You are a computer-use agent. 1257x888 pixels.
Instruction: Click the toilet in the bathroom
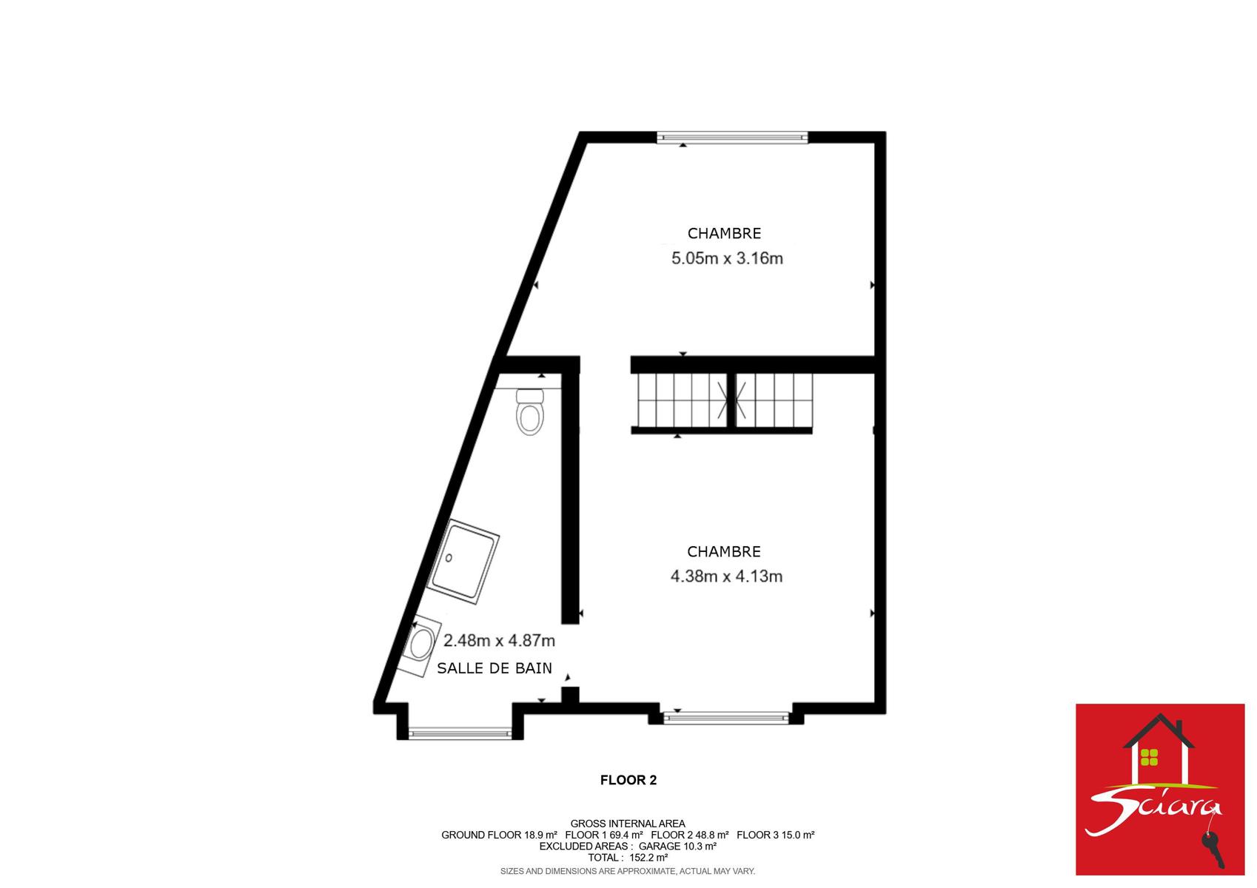point(530,411)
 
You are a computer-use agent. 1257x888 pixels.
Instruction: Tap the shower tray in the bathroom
point(463,562)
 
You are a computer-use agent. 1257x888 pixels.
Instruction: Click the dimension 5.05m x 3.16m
point(727,258)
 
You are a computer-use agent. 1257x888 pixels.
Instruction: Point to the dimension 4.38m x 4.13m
point(726,576)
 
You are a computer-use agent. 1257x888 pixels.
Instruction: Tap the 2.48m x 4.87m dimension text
point(499,640)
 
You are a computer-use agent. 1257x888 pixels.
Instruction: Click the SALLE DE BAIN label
point(495,668)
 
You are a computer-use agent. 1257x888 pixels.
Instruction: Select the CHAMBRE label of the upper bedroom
point(724,233)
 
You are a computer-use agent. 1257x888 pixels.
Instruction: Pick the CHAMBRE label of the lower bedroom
point(724,551)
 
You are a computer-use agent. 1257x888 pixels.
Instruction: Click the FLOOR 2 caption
point(628,780)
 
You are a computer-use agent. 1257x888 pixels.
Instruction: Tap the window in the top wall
point(732,137)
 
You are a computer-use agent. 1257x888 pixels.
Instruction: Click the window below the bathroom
point(460,733)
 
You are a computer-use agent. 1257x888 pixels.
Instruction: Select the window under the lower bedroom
point(725,718)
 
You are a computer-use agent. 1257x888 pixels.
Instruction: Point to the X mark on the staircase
point(731,400)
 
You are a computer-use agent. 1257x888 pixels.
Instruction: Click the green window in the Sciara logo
point(1149,757)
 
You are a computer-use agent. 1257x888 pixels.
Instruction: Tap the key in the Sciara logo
point(1213,849)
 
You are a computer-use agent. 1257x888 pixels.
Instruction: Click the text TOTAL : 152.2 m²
point(628,858)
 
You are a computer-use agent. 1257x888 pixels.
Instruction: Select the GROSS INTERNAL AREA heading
point(628,824)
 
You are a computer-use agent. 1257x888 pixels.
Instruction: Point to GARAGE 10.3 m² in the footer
point(678,846)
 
